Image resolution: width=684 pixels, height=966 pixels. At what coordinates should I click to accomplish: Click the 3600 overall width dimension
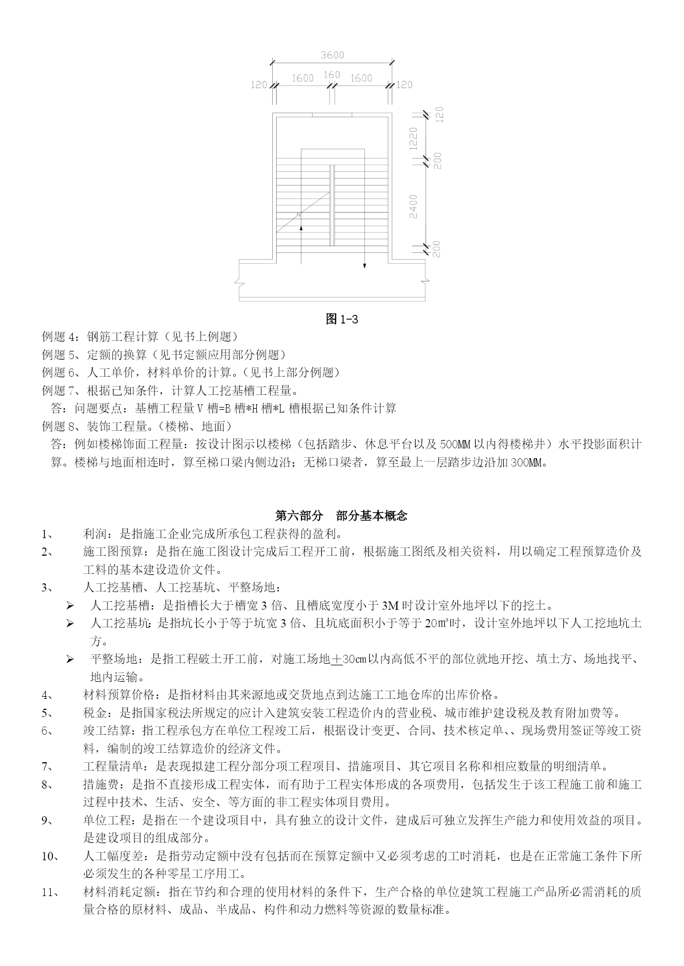point(332,55)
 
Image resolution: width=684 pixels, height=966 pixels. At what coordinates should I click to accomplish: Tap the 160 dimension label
point(332,75)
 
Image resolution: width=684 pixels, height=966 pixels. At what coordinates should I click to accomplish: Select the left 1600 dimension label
point(303,78)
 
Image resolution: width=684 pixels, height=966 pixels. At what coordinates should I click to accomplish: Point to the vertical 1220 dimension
point(413,137)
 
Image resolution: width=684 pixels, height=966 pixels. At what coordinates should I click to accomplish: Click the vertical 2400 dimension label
point(413,206)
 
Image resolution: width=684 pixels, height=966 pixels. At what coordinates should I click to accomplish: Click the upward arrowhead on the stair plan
point(301,226)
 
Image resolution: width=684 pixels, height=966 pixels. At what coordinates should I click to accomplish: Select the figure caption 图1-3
point(342,319)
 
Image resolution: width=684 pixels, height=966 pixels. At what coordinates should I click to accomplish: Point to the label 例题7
point(61,390)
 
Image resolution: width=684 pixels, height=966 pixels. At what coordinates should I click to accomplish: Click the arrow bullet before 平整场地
point(70,659)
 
